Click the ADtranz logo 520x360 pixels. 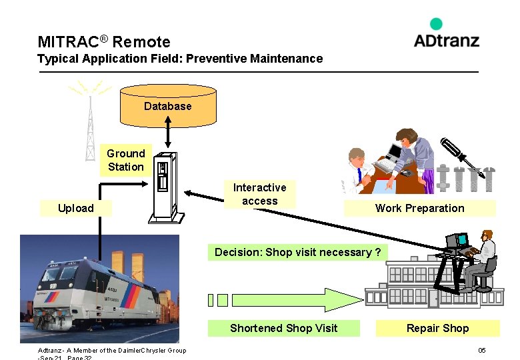446,35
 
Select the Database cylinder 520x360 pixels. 167,105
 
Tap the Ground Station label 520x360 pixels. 125,160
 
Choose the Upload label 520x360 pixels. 75,208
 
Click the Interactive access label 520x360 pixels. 259,194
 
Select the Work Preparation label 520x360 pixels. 419,208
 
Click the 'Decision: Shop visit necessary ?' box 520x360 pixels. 297,252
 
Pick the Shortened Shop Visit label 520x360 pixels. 283,328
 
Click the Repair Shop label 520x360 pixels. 437,328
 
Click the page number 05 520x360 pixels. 481,351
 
